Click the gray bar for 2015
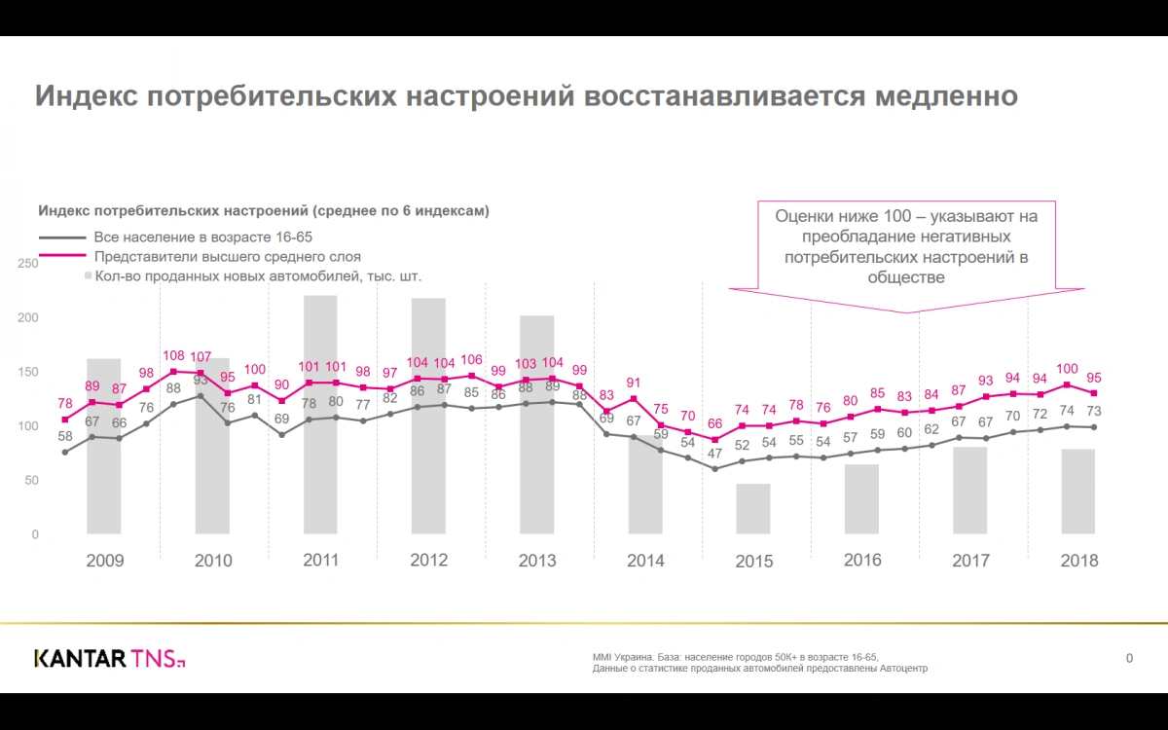coord(752,508)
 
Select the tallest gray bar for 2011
coord(320,414)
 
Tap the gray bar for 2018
coord(1077,491)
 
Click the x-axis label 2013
coord(537,561)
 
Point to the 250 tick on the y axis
coord(27,264)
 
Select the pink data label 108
coord(173,355)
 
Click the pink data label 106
coord(471,360)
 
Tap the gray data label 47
coord(714,454)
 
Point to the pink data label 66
coord(714,423)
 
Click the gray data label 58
coord(65,437)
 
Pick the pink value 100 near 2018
coord(1067,369)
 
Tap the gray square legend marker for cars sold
coord(88,276)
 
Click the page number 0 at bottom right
coord(1129,659)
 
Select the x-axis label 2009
coord(105,561)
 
